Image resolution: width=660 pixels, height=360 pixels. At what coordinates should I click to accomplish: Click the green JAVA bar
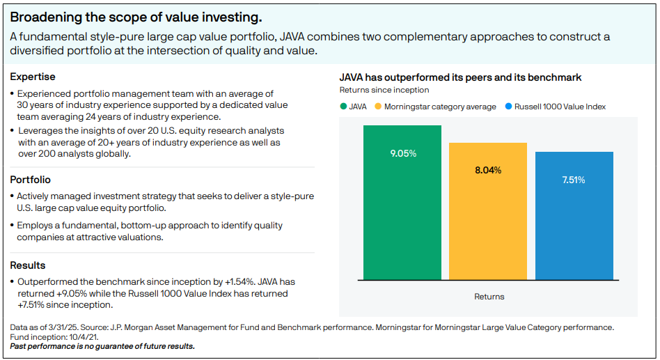coord(402,209)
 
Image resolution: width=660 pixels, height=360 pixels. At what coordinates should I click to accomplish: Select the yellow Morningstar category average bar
coord(487,223)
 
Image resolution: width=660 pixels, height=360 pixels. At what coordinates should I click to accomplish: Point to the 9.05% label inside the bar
coord(403,153)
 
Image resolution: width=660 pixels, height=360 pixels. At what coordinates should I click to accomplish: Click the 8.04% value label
coord(488,170)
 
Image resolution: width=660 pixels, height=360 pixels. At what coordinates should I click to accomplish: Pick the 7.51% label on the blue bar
coord(574,180)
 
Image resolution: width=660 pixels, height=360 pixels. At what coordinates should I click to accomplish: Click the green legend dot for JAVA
coord(343,107)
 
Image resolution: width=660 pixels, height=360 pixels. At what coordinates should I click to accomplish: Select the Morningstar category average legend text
coord(440,107)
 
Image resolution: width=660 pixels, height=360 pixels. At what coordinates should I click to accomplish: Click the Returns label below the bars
coord(489,297)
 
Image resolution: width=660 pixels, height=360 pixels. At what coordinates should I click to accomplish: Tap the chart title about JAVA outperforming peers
coord(460,77)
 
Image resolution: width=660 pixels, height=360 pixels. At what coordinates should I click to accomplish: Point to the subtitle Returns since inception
coord(384,90)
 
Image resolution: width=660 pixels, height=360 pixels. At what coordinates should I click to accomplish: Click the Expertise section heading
coord(33,77)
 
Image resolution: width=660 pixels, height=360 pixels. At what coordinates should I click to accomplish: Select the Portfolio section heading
coord(30,180)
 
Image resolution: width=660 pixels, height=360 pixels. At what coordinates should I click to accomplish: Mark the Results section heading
coord(28,265)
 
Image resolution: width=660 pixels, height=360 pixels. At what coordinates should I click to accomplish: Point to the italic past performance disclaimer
coord(102,346)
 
